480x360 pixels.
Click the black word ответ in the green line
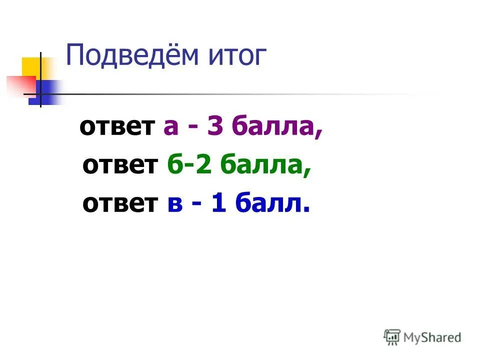[119, 165]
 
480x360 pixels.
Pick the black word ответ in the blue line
[119, 203]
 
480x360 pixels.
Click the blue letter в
[173, 204]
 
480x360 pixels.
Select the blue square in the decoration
[47, 92]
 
